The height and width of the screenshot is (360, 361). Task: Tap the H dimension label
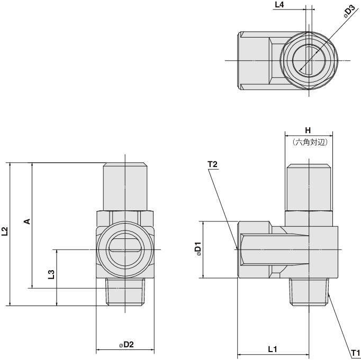(x=308, y=130)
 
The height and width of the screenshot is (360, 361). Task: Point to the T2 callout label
(x=213, y=164)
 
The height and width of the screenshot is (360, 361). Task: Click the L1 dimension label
(x=273, y=349)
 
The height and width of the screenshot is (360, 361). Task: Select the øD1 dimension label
(x=197, y=249)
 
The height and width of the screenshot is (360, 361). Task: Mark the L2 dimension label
(x=5, y=231)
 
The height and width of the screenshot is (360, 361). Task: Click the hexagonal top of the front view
(x=124, y=185)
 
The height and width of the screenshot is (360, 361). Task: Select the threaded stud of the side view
(x=310, y=292)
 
